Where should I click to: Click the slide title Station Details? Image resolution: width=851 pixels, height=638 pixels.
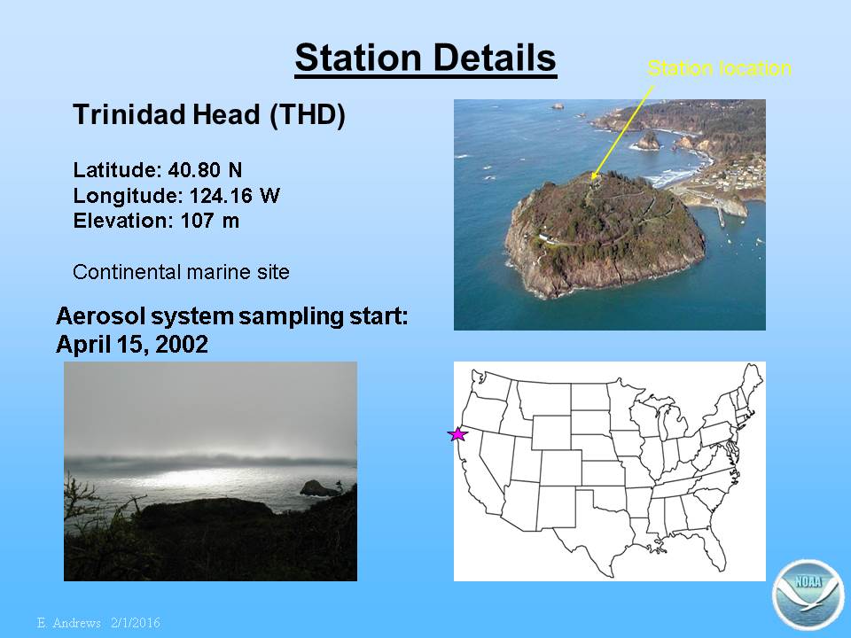(x=425, y=58)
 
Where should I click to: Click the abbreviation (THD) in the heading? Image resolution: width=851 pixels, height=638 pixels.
(x=308, y=114)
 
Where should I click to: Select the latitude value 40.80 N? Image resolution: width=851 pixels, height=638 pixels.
(x=205, y=170)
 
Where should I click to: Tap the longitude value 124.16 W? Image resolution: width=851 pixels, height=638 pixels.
(x=234, y=195)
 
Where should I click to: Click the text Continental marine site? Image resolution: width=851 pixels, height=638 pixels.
(x=181, y=272)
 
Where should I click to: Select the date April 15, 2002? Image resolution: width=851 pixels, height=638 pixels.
(x=132, y=344)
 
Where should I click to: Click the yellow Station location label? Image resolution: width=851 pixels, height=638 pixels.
(x=719, y=68)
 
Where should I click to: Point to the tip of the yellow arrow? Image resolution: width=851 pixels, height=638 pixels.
(x=592, y=178)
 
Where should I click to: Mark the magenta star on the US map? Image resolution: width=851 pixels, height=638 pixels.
(x=457, y=434)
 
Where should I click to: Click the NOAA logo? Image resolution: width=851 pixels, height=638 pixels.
(x=808, y=594)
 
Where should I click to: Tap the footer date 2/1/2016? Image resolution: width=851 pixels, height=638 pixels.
(x=136, y=622)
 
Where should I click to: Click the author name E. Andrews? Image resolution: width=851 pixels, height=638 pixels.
(x=69, y=622)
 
